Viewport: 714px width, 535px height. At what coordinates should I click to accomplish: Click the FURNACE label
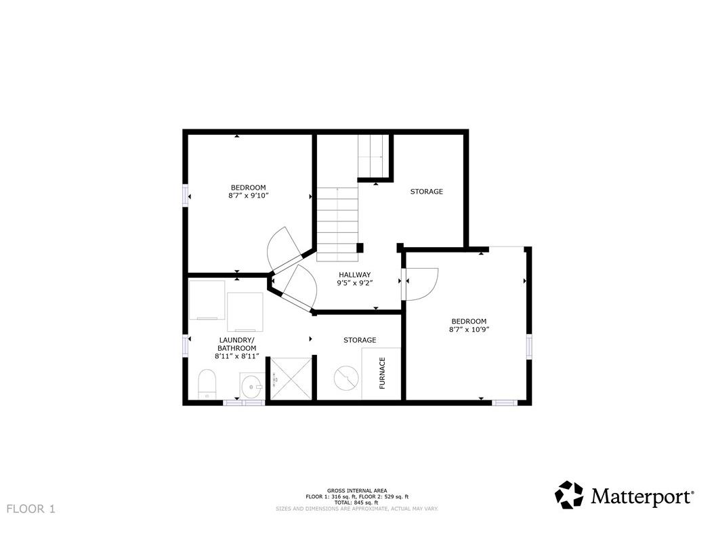click(x=382, y=373)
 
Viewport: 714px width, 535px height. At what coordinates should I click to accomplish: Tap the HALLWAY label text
click(x=355, y=274)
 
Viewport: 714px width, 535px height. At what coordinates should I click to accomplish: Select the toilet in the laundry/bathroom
click(x=207, y=383)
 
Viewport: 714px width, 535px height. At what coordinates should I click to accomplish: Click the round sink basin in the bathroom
click(x=252, y=387)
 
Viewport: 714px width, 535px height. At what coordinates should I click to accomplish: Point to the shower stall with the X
click(x=291, y=379)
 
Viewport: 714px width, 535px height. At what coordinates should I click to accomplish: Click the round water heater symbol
click(x=346, y=377)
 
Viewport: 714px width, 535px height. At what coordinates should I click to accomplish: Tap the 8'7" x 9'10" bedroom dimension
click(x=249, y=196)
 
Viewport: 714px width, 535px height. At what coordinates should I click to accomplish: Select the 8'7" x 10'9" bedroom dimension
click(x=469, y=329)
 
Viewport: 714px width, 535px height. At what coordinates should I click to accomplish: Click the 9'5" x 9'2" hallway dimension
click(x=355, y=283)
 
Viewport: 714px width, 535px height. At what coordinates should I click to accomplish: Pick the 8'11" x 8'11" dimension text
click(x=237, y=356)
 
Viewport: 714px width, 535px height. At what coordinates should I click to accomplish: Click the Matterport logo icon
click(x=569, y=495)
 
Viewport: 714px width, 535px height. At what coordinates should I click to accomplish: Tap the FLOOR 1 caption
click(x=31, y=509)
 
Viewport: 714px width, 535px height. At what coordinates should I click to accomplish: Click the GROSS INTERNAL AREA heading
click(x=357, y=490)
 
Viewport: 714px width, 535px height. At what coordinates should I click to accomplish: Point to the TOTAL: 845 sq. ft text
click(x=357, y=502)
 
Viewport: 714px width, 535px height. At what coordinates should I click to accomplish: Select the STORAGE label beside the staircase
click(x=427, y=191)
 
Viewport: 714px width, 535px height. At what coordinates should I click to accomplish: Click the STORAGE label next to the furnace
click(x=360, y=340)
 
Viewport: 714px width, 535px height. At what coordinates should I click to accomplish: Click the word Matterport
click(x=642, y=496)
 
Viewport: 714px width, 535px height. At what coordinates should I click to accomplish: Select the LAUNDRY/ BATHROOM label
click(x=237, y=344)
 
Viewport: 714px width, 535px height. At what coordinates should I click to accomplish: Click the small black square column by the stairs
click(x=360, y=248)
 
